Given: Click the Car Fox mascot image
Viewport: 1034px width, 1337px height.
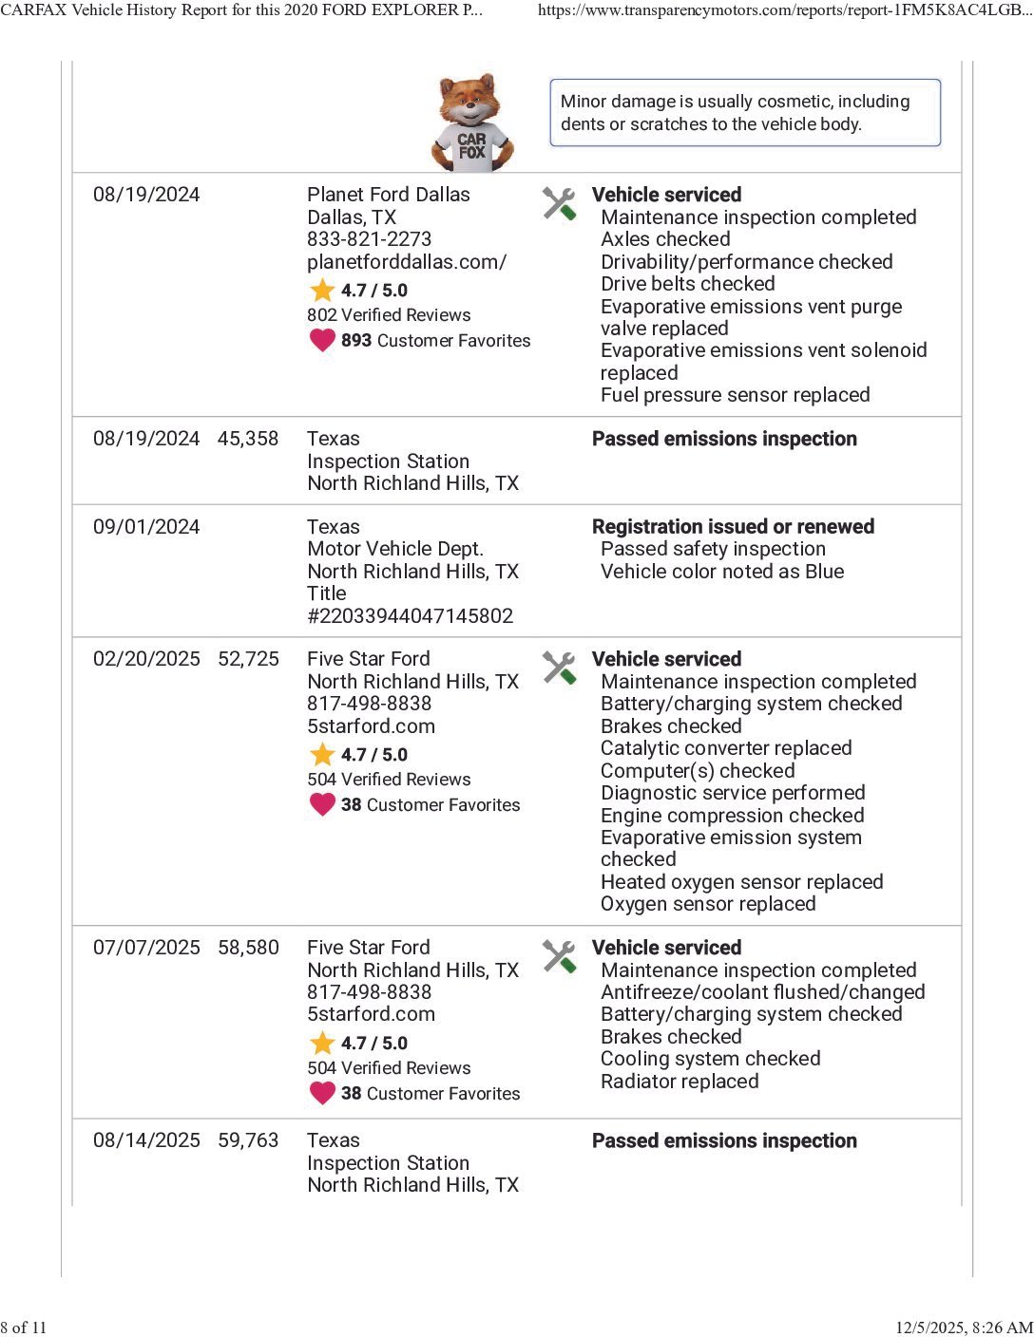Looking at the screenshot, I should (472, 123).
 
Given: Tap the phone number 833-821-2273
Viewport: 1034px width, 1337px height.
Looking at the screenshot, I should (369, 239).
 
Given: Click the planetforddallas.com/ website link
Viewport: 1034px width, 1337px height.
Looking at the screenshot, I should (407, 262).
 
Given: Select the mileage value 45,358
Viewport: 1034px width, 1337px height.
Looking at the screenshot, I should (248, 439).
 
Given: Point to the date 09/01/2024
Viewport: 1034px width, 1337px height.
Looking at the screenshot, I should (146, 527).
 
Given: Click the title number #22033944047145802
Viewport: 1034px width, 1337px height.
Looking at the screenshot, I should (410, 615).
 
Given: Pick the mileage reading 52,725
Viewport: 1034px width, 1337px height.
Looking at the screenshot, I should (248, 659).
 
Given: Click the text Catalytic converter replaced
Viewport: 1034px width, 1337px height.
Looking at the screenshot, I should (726, 748).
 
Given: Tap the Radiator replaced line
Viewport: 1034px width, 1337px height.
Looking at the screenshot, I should (680, 1082).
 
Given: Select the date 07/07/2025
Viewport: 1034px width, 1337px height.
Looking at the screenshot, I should (146, 948).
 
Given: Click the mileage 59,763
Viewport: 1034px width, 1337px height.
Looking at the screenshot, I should (248, 1140).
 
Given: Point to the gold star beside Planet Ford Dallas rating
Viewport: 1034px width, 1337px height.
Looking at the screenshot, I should (322, 291).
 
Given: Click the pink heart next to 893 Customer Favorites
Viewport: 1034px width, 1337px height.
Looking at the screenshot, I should (322, 340).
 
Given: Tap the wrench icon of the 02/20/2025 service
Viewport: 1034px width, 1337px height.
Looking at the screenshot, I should (560, 668).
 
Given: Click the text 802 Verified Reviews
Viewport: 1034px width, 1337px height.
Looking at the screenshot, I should (389, 315).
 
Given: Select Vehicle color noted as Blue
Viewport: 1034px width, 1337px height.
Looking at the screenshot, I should (722, 572).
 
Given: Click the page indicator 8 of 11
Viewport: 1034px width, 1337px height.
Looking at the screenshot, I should (24, 1328).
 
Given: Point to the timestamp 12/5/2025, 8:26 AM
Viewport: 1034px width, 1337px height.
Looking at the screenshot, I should (964, 1328).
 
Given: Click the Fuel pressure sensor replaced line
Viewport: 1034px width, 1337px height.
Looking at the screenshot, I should (735, 395).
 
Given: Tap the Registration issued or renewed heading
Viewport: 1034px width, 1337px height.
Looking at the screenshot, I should (733, 527).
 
